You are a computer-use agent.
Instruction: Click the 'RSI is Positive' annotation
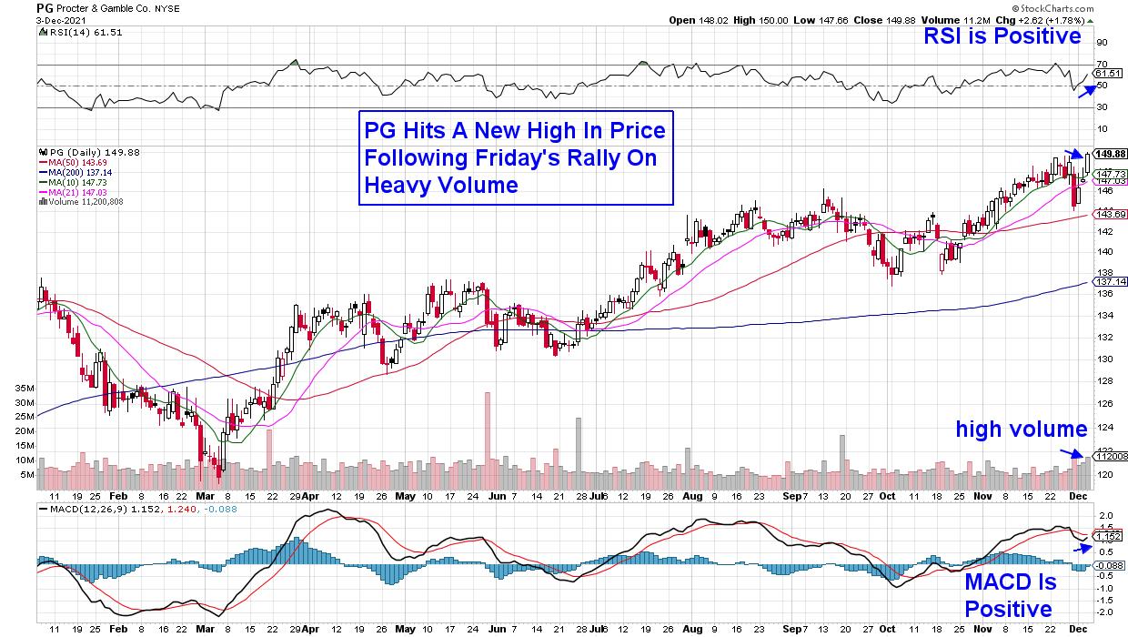click(1002, 36)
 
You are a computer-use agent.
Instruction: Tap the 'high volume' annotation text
click(1021, 429)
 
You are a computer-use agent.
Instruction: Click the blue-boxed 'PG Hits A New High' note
click(516, 158)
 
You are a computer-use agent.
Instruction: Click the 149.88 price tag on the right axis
click(1109, 154)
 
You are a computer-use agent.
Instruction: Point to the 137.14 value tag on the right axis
click(1109, 282)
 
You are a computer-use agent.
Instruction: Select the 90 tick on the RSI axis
click(1101, 42)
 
